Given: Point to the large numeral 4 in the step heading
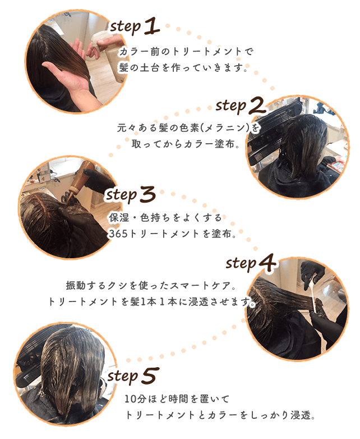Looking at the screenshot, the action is (x=267, y=263).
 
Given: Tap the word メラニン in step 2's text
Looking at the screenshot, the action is (x=225, y=128).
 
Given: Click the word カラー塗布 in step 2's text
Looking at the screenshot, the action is (x=209, y=144).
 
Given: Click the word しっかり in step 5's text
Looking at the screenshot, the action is (x=270, y=415).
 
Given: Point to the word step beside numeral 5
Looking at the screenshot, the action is (x=123, y=377).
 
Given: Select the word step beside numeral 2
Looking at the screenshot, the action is (x=230, y=107).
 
